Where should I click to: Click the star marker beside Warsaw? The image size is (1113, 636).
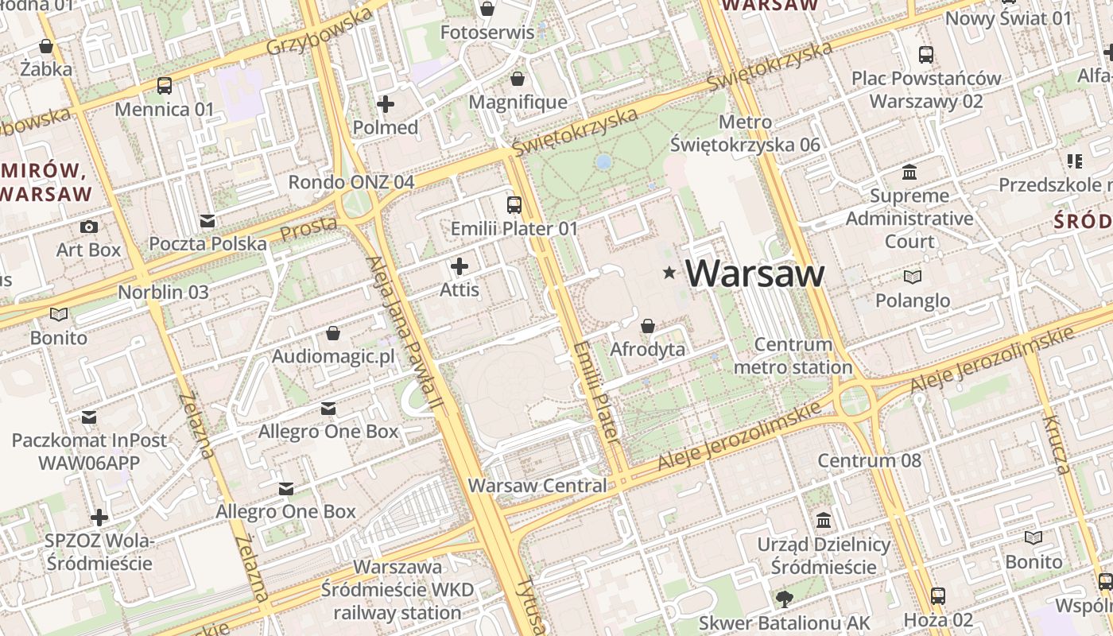[x=669, y=273]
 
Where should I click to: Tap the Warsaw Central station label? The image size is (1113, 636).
[x=537, y=485]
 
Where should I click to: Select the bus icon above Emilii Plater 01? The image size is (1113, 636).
[x=514, y=205]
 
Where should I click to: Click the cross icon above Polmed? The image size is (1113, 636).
[x=386, y=104]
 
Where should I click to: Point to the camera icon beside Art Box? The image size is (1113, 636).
[x=89, y=227]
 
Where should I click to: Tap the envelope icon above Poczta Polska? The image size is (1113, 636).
[x=207, y=220]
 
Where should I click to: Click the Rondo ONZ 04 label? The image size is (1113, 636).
[x=351, y=182]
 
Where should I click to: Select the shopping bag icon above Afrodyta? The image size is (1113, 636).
[x=648, y=326]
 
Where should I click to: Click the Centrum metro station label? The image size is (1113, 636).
[x=793, y=356]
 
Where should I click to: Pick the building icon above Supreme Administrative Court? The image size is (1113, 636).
[x=909, y=172]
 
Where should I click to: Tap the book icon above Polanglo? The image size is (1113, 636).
[x=913, y=277]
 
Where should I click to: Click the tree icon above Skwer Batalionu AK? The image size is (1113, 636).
[x=784, y=599]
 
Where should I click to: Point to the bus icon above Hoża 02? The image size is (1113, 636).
[x=938, y=595]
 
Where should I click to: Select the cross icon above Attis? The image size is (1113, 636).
[x=460, y=266]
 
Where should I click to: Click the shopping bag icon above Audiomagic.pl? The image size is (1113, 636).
[x=333, y=332]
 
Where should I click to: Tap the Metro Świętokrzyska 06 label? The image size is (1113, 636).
[x=745, y=134]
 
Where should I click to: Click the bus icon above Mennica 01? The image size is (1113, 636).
[x=165, y=86]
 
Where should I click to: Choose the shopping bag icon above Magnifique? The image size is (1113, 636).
[x=518, y=79]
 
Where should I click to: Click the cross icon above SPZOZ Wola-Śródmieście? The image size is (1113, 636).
[x=99, y=518]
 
